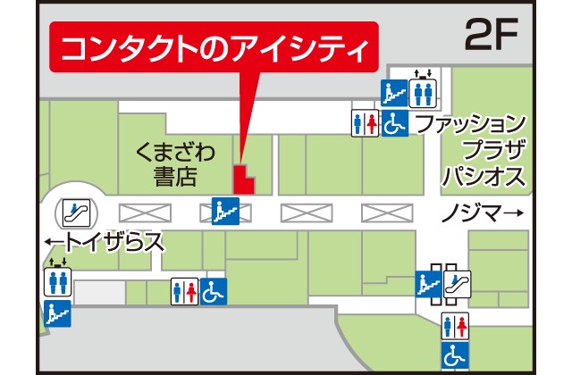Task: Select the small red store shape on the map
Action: click(242, 179)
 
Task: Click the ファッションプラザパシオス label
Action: click(484, 149)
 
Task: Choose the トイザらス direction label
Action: click(104, 241)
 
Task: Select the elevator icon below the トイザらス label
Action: click(56, 280)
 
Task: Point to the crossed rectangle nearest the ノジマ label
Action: click(386, 212)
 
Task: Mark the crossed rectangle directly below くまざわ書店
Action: click(145, 212)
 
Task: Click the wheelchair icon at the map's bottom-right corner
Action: click(455, 355)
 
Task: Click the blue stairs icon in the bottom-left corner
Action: click(56, 312)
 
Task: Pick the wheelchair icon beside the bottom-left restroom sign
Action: click(213, 291)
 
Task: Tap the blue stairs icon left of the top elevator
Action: click(394, 93)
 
